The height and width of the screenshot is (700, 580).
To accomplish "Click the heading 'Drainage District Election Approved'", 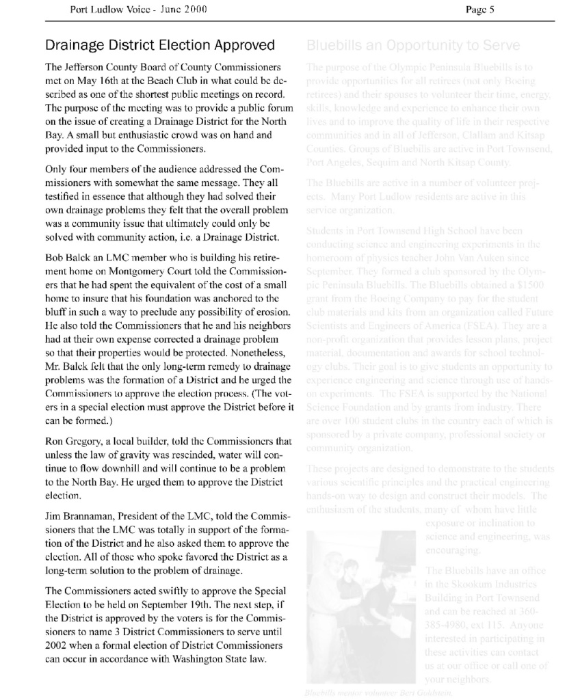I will [x=159, y=46].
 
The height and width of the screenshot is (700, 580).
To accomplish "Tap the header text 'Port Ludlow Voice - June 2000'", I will [x=138, y=9].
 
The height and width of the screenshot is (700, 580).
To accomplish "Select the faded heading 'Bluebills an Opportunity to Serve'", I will [x=413, y=46].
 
